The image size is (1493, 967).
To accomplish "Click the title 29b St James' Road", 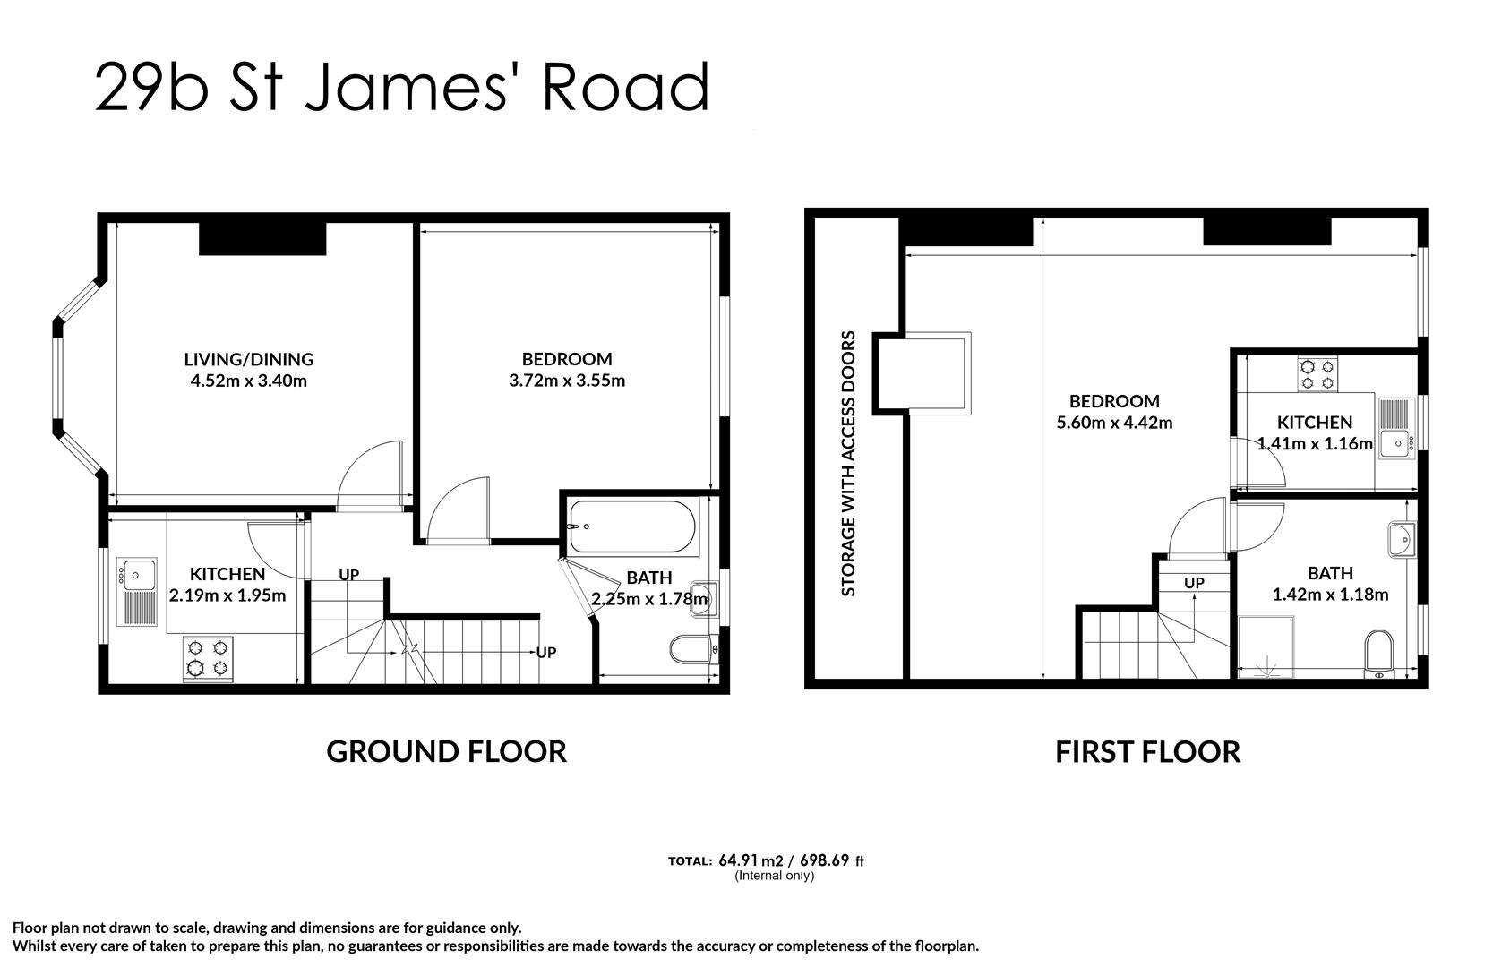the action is [x=402, y=87].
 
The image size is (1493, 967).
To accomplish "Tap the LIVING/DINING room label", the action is [x=249, y=359].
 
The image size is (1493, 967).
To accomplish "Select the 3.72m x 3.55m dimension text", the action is [x=567, y=381].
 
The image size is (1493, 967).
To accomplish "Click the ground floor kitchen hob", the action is [x=208, y=658].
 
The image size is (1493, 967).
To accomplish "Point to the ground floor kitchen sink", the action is [x=137, y=591].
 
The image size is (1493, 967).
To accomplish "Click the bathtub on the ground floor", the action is [x=631, y=526].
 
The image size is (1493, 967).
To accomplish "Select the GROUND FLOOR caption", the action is [x=447, y=752].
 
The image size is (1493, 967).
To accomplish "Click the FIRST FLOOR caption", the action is [x=1148, y=752].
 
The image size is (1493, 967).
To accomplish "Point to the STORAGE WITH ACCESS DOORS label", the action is [x=848, y=463].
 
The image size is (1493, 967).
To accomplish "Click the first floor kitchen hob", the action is [x=1317, y=374].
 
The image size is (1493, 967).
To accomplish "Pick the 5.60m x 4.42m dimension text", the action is [x=1114, y=423].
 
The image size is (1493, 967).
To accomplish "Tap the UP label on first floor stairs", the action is [x=1194, y=583].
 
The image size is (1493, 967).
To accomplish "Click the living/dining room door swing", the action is [x=370, y=475].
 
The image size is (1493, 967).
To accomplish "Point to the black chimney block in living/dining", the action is [x=262, y=238].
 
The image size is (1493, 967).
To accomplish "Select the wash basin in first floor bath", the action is [x=1402, y=539].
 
